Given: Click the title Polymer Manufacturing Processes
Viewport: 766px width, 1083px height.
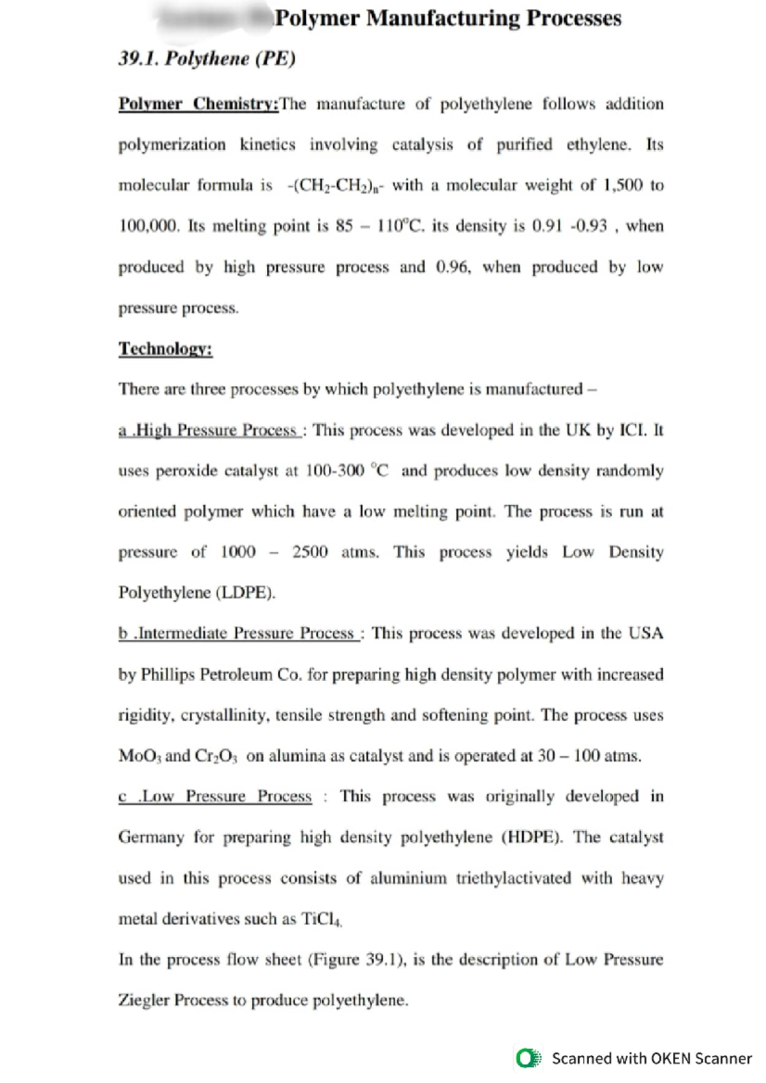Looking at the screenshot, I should coord(447,18).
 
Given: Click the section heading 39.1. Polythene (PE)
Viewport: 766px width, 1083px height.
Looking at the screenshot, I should coord(207,59).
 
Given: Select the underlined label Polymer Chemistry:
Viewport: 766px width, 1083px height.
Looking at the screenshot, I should coord(199,104).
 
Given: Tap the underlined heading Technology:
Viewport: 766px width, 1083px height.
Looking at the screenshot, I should coord(165,349).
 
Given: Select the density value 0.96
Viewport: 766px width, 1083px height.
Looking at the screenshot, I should coord(452,267).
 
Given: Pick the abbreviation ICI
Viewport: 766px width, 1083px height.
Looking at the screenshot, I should coord(634,431).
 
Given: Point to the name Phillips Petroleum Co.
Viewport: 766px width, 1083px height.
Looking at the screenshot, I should coord(221,675).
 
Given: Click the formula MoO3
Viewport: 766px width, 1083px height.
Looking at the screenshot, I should coord(140,756).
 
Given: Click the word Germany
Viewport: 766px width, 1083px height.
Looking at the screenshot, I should coord(151,837).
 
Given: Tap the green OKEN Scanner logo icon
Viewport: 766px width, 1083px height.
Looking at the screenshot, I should coord(529,1058).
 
